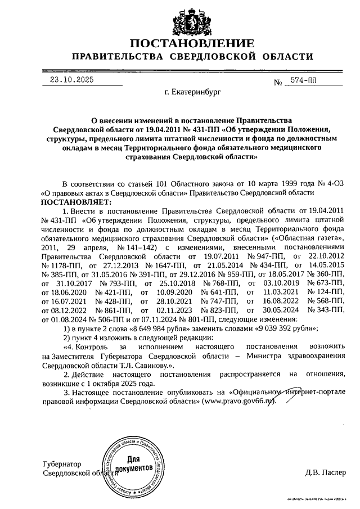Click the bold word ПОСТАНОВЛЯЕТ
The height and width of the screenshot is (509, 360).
(x=76, y=201)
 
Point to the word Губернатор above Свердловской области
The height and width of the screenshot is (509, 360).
(x=62, y=464)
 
